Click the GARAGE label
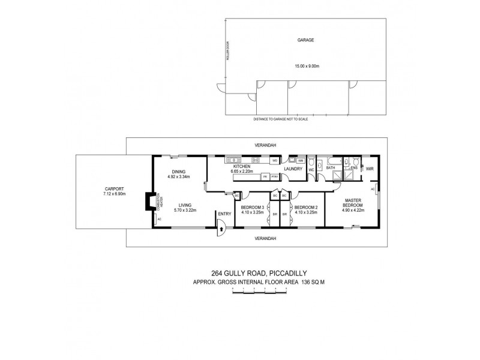click(306, 40)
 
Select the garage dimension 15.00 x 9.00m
click(306, 65)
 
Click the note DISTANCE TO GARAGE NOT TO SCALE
click(280, 119)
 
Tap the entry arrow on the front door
click(221, 228)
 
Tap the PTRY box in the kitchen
click(274, 177)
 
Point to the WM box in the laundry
click(301, 161)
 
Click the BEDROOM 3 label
click(253, 208)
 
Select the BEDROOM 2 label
click(305, 208)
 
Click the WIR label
click(370, 168)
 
